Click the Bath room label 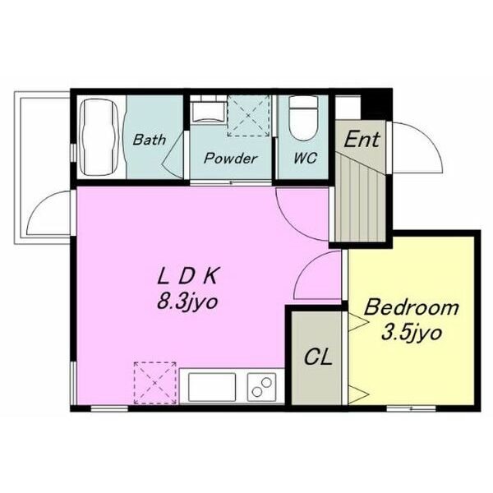(x=149, y=140)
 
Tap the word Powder (x=230, y=158)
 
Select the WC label (x=306, y=158)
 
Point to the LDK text (x=187, y=276)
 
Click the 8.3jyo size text (x=187, y=302)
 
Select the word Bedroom (x=412, y=307)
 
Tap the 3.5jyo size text (x=412, y=334)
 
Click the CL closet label (x=318, y=357)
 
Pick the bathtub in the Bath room (x=99, y=137)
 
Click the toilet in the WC (x=303, y=118)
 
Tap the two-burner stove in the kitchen (x=261, y=387)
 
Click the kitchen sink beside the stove (x=212, y=387)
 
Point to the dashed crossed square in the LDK (x=155, y=383)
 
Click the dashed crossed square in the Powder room (x=248, y=116)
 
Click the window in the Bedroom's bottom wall (x=411, y=408)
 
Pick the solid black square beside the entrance (x=376, y=104)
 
